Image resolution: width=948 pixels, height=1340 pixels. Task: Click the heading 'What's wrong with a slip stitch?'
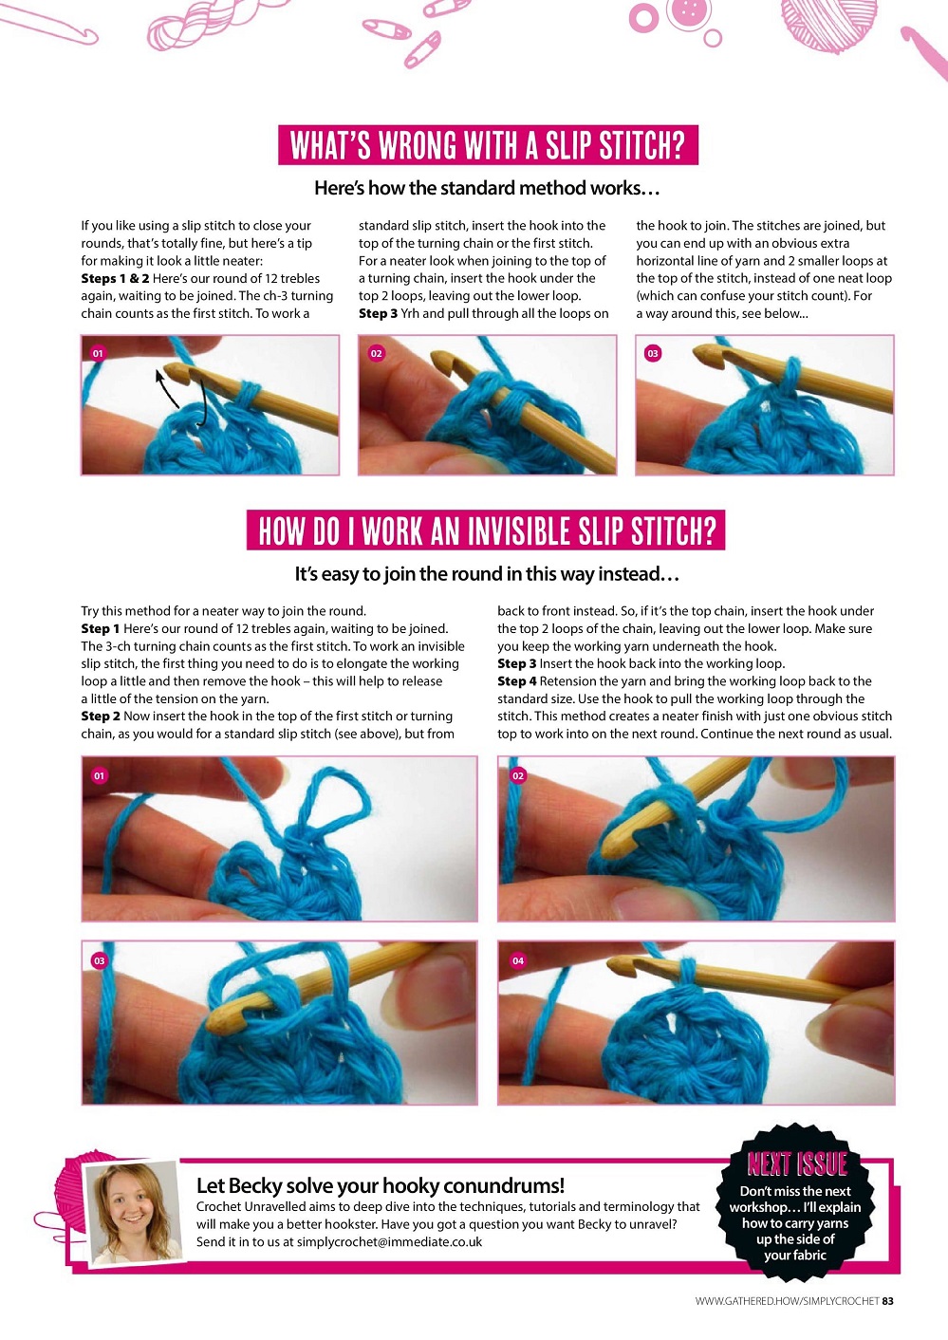coord(488,145)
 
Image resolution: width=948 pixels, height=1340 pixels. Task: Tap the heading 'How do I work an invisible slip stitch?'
coord(486,530)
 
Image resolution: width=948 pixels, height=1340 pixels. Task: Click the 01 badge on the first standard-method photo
coord(98,354)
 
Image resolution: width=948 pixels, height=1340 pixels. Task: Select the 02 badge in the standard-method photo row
coord(376,354)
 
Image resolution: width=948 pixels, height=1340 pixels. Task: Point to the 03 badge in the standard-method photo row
coord(653,354)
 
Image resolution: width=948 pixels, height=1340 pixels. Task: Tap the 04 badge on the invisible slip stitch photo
coord(518,960)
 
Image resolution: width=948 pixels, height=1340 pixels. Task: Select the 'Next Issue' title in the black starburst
coord(797,1163)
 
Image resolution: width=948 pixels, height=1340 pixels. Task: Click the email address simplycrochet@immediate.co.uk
coord(389,1241)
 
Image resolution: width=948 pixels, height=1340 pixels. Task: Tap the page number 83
coord(887,1301)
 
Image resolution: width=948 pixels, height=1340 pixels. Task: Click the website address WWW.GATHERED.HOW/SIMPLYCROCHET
coord(787,1301)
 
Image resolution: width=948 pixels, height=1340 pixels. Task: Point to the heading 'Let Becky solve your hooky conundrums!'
coord(381,1185)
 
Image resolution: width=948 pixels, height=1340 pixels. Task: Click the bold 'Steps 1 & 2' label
coord(115,278)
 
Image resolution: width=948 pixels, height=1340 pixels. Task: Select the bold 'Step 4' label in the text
coord(517,680)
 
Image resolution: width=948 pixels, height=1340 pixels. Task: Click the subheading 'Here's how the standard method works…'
coord(488,188)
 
